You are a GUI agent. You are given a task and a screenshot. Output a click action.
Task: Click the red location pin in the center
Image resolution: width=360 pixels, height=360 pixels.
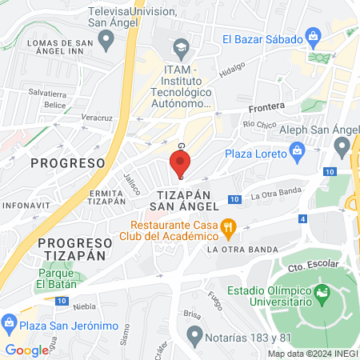(x=179, y=164)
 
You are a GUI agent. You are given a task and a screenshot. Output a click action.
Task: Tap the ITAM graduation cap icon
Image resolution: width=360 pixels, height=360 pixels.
(x=181, y=46)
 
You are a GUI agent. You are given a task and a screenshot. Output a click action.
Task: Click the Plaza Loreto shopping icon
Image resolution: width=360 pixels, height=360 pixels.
(x=298, y=149)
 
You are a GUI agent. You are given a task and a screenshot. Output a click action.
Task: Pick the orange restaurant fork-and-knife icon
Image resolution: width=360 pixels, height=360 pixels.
(x=228, y=226)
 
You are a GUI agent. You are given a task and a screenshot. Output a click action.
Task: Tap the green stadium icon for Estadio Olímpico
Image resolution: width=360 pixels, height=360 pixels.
(x=322, y=294)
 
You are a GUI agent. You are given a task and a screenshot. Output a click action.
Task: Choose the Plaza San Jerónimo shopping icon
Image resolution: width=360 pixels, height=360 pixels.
(x=10, y=324)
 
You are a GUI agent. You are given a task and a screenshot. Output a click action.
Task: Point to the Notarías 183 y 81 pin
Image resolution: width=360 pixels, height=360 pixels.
(x=193, y=333)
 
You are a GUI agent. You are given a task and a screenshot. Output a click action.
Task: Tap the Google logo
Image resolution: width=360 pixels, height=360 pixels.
(x=26, y=350)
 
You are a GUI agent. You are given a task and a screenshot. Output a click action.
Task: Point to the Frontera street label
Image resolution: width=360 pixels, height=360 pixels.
(x=266, y=106)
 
